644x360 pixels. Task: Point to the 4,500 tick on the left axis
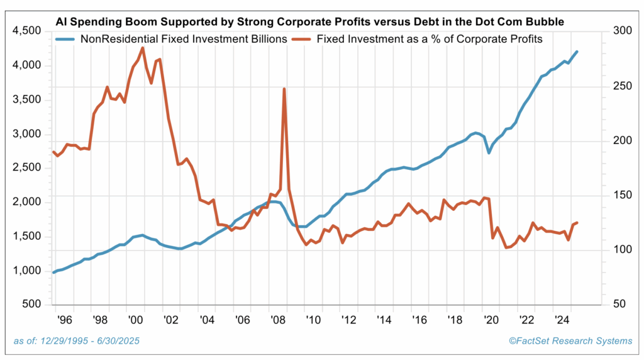23,31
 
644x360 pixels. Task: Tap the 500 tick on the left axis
30,305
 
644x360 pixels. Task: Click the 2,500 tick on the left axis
23,168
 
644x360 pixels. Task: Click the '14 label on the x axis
383,320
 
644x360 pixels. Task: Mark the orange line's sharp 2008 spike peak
284,89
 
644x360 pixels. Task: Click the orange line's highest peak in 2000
143,48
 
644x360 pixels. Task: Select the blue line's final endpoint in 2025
577,52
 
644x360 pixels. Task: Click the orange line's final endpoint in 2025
577,222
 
